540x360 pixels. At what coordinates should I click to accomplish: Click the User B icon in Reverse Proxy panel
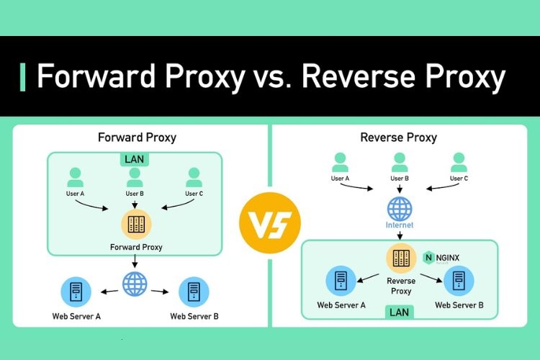pos(400,161)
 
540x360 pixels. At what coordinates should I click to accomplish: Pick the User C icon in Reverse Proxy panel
pos(459,161)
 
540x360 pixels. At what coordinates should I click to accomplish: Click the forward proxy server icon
pos(135,225)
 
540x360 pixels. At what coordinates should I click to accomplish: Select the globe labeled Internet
pos(400,208)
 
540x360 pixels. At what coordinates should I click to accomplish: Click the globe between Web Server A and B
pos(135,284)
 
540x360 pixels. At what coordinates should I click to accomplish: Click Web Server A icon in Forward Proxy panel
pos(76,292)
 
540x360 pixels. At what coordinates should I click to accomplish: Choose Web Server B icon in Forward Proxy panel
pos(194,292)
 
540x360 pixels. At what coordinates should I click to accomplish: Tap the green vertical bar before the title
pos(23,76)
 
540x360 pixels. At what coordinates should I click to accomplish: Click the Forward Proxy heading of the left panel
pos(137,137)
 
